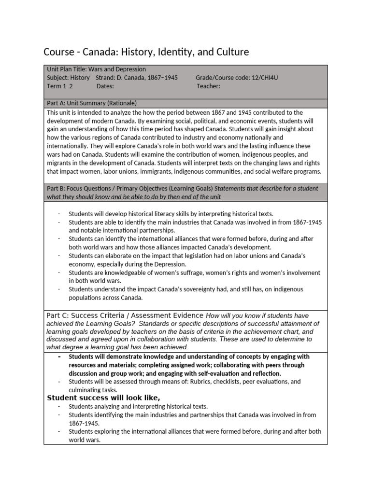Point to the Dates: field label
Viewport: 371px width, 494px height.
click(105, 86)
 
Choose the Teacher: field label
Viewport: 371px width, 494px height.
click(208, 86)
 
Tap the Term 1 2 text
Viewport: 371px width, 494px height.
click(59, 86)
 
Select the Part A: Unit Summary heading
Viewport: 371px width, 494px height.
click(92, 103)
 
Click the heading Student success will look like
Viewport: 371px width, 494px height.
click(103, 398)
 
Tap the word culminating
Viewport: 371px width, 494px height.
click(85, 390)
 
